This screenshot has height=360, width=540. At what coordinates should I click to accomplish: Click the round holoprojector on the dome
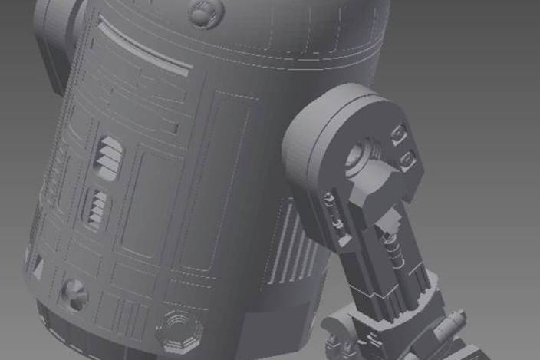(205, 12)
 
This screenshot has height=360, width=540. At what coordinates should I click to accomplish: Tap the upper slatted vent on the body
(109, 157)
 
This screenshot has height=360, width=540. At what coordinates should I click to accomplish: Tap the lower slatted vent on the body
(97, 209)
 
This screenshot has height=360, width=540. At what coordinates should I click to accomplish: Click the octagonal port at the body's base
(179, 331)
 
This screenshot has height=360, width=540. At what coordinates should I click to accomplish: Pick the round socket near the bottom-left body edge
(74, 293)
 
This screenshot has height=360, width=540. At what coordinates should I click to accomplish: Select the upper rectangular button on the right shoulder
(398, 136)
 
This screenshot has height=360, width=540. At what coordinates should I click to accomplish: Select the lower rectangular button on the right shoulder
(408, 160)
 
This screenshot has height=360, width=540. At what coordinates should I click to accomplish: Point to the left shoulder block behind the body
(55, 38)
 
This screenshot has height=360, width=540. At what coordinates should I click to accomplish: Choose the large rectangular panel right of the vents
(153, 207)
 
